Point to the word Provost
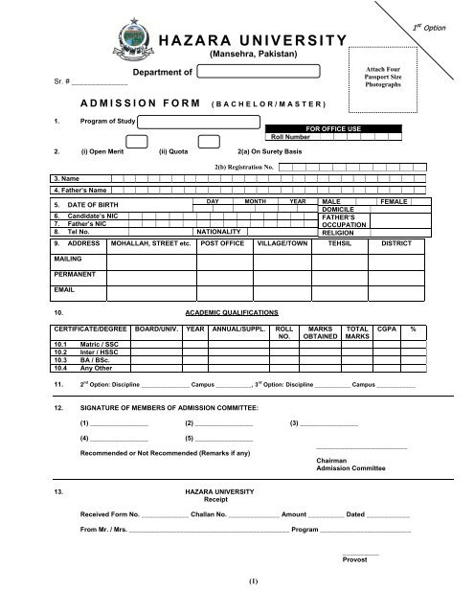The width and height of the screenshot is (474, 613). (354, 559)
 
